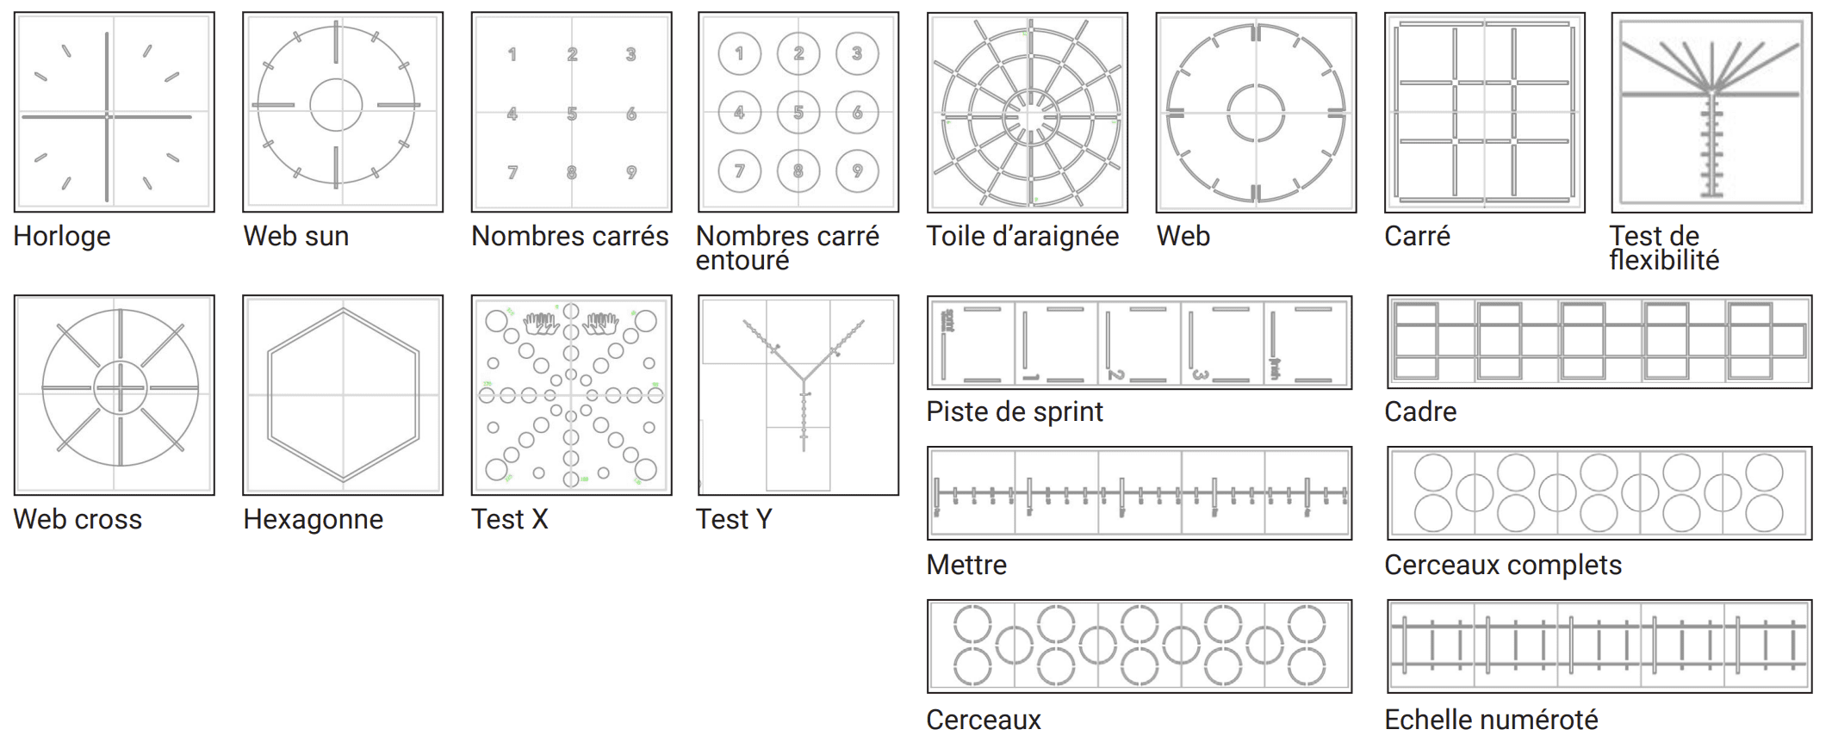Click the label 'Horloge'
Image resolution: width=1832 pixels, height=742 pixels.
click(x=62, y=236)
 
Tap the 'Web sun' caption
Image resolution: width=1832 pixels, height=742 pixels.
click(x=295, y=236)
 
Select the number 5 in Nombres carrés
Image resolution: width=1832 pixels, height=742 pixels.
click(x=572, y=114)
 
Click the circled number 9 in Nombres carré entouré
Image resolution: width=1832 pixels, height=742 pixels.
click(x=857, y=171)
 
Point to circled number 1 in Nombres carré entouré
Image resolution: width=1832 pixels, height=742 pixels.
click(x=739, y=53)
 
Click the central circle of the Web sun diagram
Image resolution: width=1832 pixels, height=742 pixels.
click(x=336, y=105)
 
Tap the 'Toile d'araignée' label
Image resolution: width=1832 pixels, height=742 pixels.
click(x=1022, y=236)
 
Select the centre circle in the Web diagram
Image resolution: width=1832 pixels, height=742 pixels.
click(x=1256, y=113)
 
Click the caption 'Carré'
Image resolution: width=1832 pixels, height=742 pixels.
click(x=1417, y=236)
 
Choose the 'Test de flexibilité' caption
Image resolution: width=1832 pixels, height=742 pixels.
click(x=1663, y=248)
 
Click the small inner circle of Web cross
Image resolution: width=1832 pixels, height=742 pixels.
click(x=120, y=387)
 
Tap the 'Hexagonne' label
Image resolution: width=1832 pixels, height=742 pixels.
click(x=313, y=519)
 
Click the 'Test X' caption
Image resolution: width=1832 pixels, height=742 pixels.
click(x=509, y=519)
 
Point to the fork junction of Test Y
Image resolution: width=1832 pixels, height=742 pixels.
click(x=803, y=379)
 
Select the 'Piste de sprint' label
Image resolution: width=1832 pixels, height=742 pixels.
click(x=1014, y=411)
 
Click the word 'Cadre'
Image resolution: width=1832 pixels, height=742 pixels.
click(x=1420, y=411)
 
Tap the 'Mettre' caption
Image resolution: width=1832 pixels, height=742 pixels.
click(x=966, y=565)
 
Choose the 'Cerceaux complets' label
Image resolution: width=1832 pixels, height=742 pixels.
click(x=1502, y=565)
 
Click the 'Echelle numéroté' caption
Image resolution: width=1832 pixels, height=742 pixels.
click(x=1490, y=719)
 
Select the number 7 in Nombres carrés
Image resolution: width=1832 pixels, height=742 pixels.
click(x=512, y=172)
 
